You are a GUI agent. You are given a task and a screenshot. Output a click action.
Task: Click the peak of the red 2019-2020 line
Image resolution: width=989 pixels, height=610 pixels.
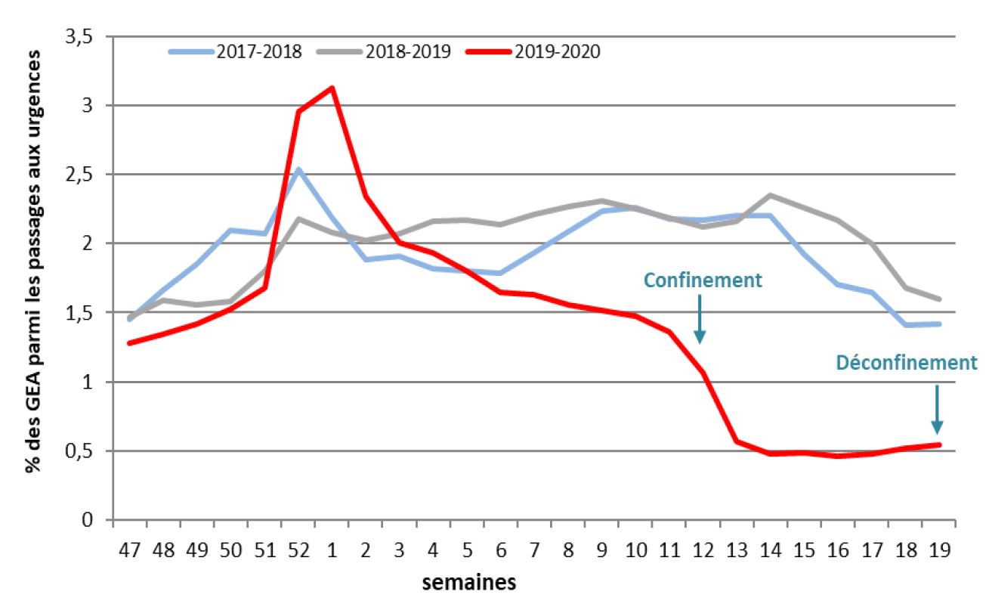pyautogui.click(x=332, y=88)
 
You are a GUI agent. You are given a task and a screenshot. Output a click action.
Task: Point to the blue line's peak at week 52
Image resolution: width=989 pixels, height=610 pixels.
pyautogui.click(x=298, y=169)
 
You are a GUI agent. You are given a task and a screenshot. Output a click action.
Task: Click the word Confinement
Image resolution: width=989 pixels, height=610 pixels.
pyautogui.click(x=702, y=280)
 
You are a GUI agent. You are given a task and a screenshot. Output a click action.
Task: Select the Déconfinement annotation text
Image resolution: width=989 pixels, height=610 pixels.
pyautogui.click(x=906, y=363)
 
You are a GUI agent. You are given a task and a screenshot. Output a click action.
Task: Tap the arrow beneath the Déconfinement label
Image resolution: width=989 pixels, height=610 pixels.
pyautogui.click(x=937, y=409)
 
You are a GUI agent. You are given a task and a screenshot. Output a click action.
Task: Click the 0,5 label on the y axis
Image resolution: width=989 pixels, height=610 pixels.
pyautogui.click(x=86, y=451)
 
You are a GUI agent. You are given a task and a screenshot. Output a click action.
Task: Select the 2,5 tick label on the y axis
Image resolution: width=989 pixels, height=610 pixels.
pyautogui.click(x=86, y=175)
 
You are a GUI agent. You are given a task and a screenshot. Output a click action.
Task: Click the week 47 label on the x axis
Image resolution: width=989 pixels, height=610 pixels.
pyautogui.click(x=129, y=550)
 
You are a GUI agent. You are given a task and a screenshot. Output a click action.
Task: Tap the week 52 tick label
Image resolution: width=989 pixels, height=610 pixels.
pyautogui.click(x=298, y=550)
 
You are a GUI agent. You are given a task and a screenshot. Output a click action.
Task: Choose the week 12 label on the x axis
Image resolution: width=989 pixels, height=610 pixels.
pyautogui.click(x=703, y=550)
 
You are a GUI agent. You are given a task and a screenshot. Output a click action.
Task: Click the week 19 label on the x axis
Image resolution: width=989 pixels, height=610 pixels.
pyautogui.click(x=939, y=550)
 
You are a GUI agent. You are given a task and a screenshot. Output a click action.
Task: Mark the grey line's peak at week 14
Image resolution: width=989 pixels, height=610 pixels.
pyautogui.click(x=770, y=195)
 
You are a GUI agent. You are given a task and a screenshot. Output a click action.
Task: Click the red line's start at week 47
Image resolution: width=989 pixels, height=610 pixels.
pyautogui.click(x=130, y=342)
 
